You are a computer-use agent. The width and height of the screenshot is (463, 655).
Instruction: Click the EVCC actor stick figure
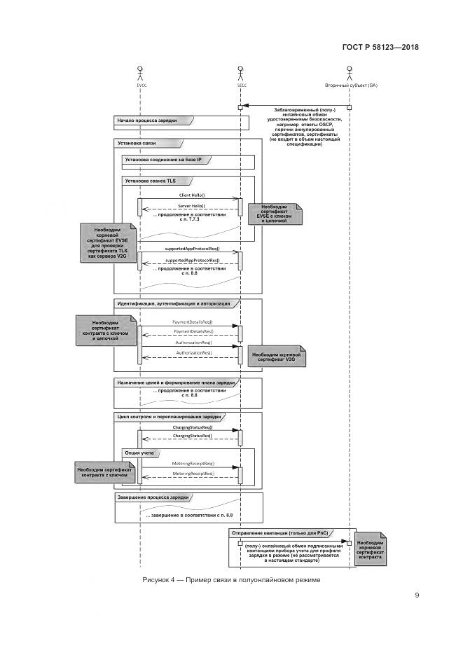coord(141,71)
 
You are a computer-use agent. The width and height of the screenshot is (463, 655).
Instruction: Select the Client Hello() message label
coord(192,194)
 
